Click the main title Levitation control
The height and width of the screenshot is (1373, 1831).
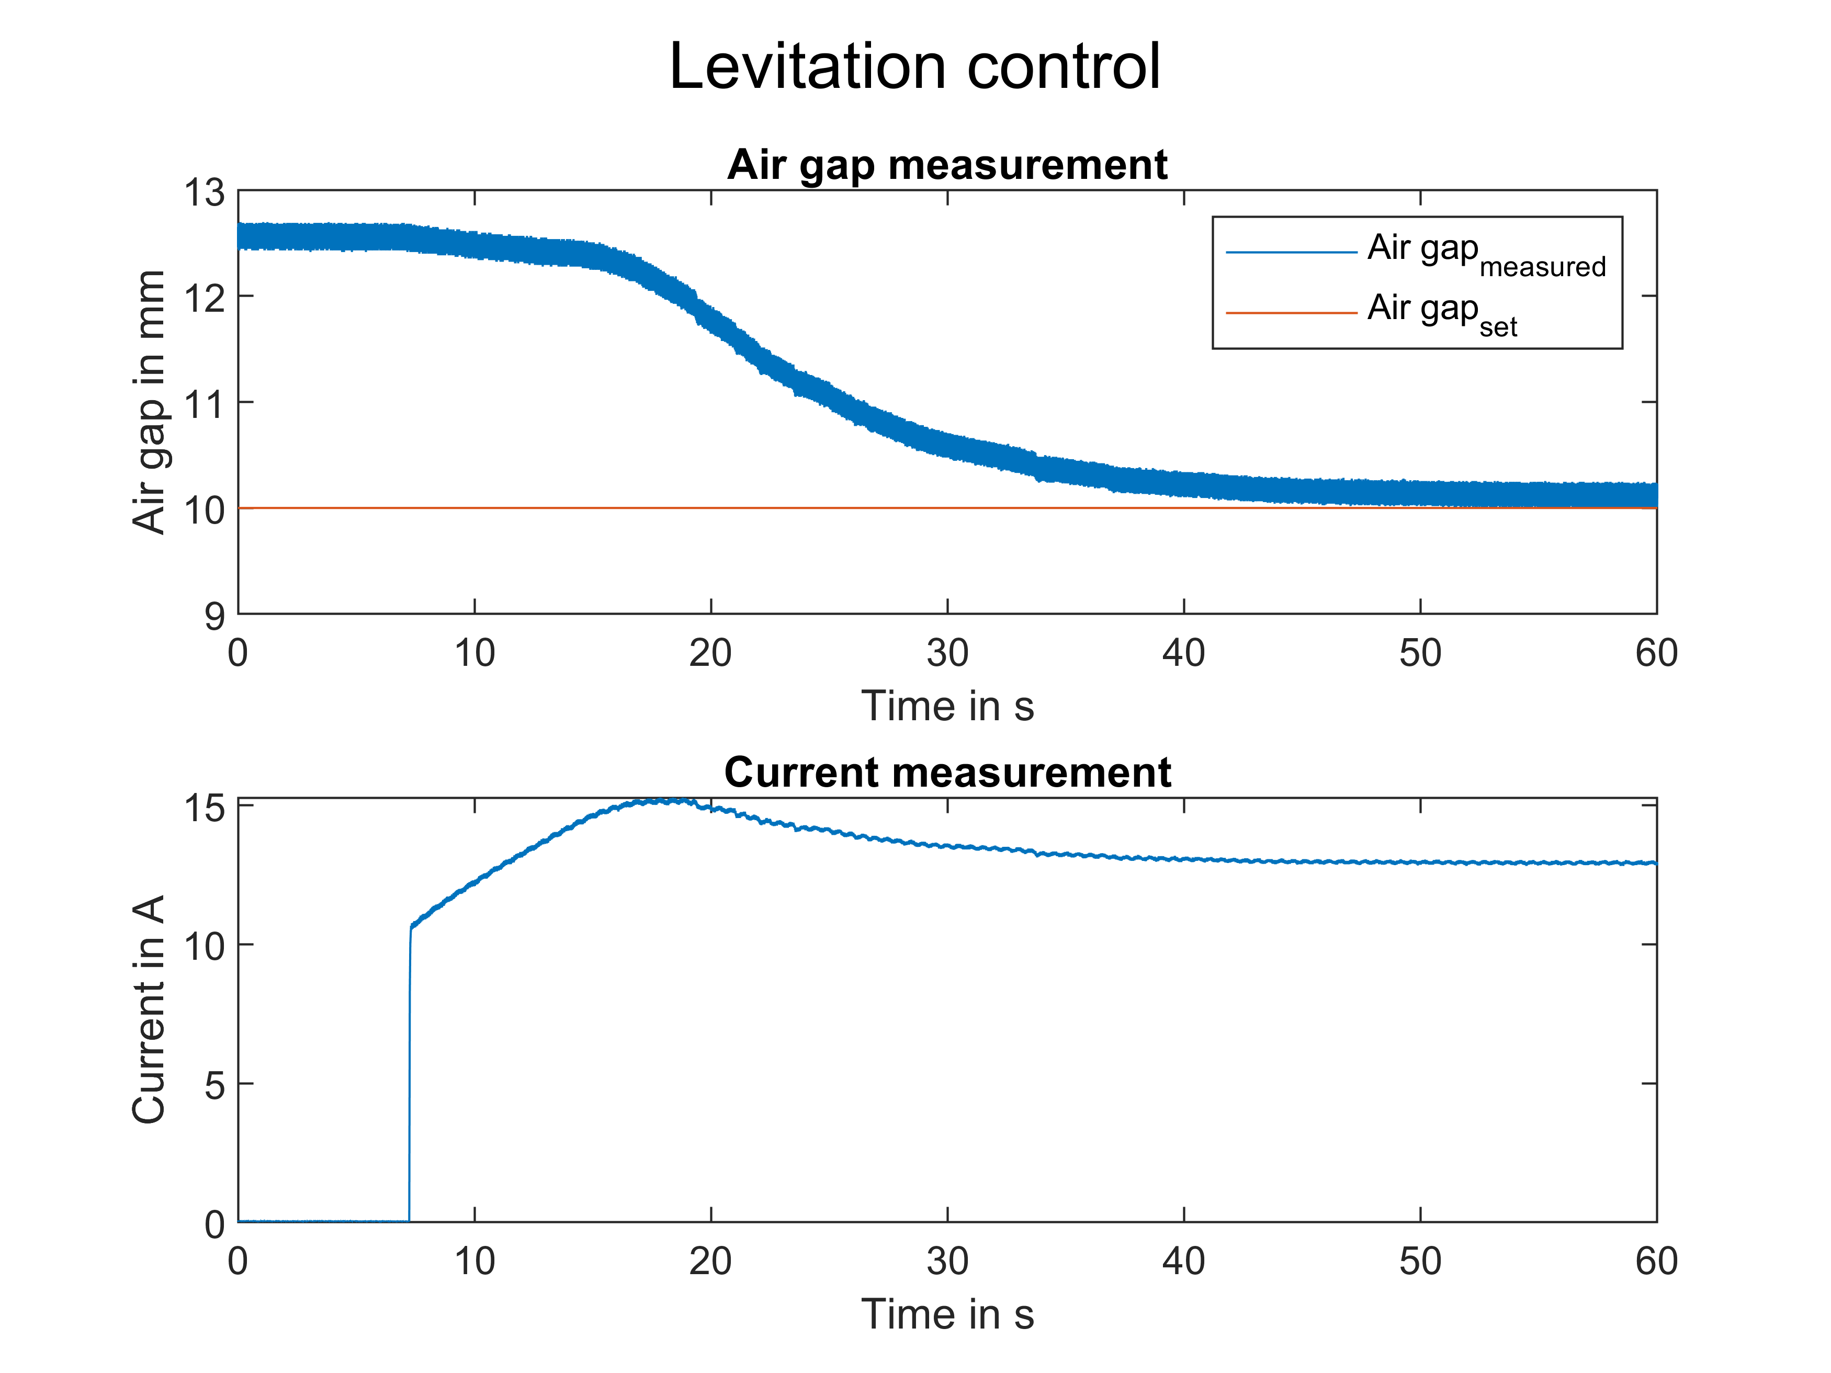click(x=914, y=66)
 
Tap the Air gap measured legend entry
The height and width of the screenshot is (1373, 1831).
click(x=1486, y=253)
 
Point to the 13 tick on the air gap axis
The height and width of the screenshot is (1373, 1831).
click(x=204, y=193)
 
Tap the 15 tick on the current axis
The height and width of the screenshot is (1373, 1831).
click(x=204, y=807)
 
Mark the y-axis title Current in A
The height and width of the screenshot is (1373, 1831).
click(x=149, y=1009)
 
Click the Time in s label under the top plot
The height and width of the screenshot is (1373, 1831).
click(x=947, y=706)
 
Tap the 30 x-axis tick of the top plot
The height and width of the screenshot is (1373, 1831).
click(x=947, y=654)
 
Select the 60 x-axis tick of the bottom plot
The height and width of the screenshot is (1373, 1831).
click(x=1656, y=1261)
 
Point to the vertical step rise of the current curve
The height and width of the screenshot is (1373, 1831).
click(x=409, y=1076)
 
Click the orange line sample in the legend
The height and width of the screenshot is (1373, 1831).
click(x=1291, y=313)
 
